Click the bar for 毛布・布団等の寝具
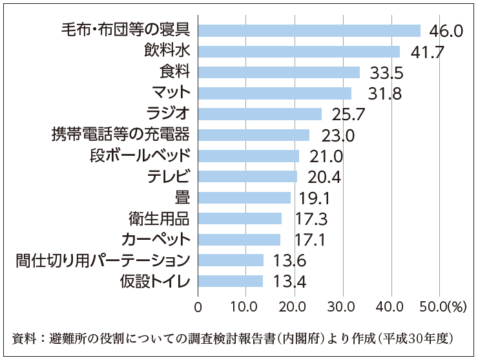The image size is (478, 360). (x=309, y=30)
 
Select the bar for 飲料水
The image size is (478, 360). (x=298, y=51)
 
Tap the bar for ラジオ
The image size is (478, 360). (x=260, y=114)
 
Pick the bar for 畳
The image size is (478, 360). (x=244, y=197)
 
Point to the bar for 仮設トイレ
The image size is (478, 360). (x=231, y=281)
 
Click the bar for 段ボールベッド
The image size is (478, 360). (x=249, y=156)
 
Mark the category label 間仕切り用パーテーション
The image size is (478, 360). (x=103, y=260)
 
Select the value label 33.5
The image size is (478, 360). (x=386, y=72)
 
